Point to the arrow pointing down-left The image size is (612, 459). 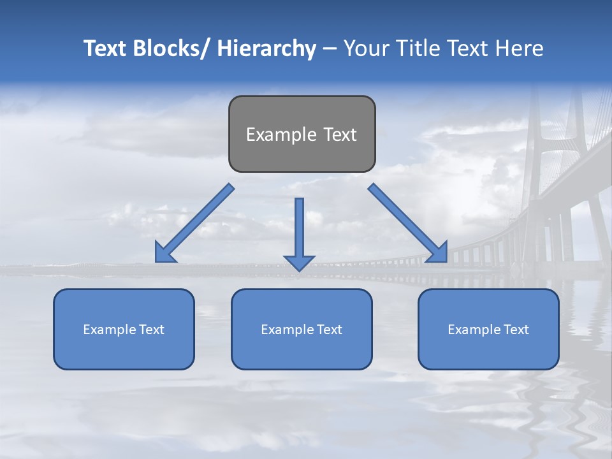(194, 223)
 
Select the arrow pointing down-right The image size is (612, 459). (408, 223)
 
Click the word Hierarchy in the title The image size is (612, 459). (266, 48)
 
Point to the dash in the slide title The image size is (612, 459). (330, 48)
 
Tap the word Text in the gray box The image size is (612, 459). (340, 135)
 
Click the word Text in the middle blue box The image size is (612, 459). (328, 330)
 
